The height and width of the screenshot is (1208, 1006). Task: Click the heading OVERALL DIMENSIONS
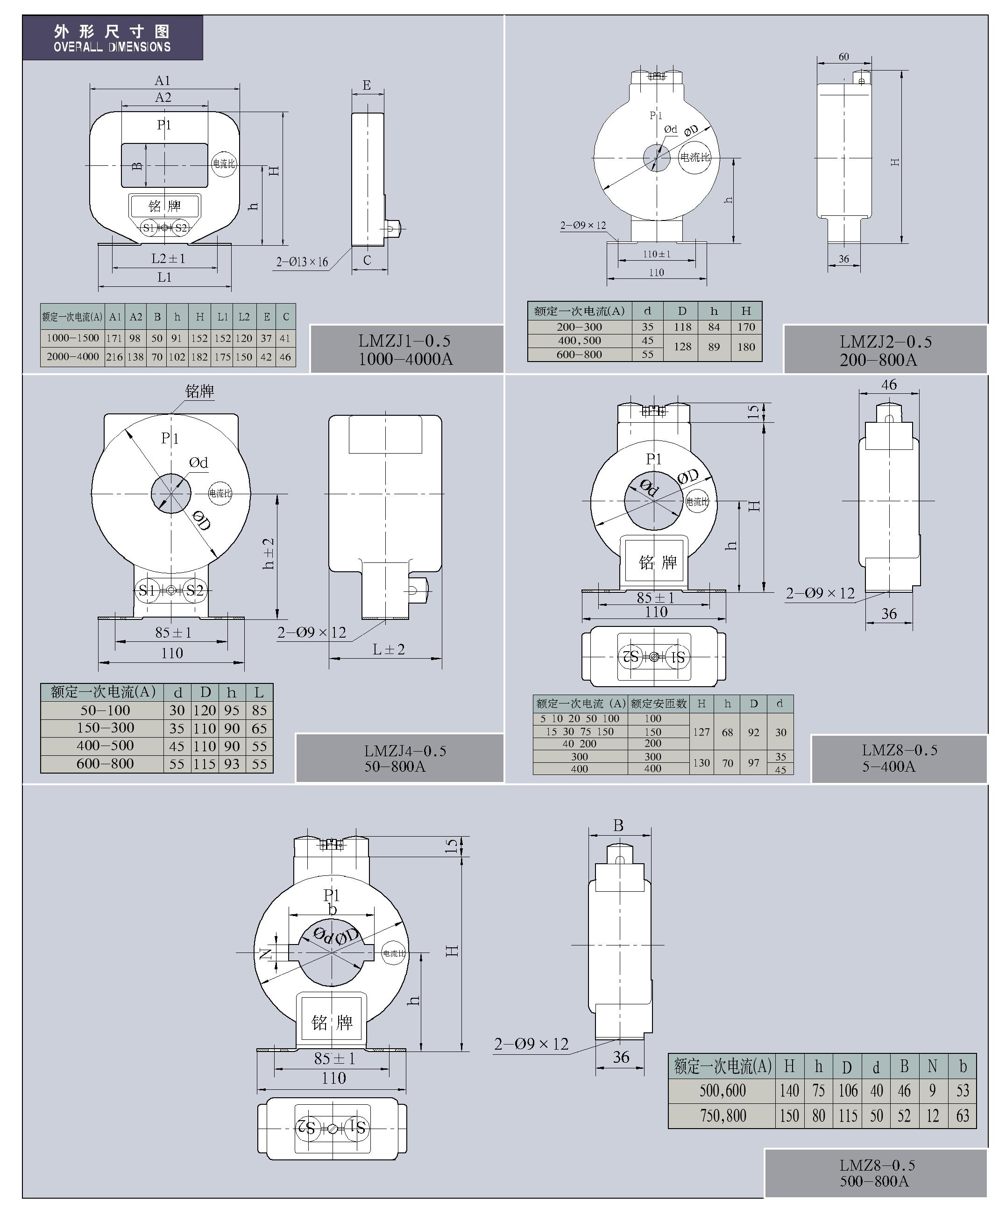[x=112, y=47]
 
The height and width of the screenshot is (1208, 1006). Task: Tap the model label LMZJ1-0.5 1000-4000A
[x=405, y=350]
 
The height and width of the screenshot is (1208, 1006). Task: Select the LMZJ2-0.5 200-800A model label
[x=885, y=350]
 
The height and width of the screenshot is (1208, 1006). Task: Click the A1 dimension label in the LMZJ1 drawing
[x=163, y=80]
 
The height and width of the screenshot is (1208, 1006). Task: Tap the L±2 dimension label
[x=389, y=649]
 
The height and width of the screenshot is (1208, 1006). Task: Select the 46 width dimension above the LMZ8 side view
[x=889, y=384]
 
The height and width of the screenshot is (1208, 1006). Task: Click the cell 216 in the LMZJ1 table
[x=114, y=356]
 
